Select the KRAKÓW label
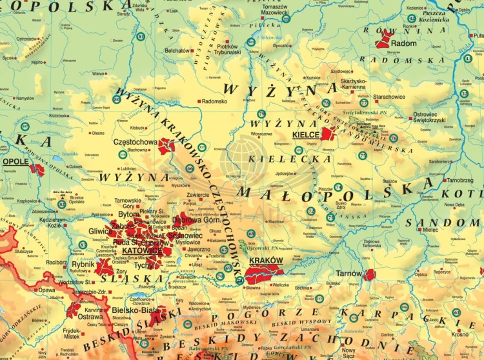(267, 261)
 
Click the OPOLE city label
(15, 161)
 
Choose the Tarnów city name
(349, 274)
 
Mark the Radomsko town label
(215, 101)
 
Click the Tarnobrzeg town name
(459, 181)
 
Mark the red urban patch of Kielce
(328, 134)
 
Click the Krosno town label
(460, 335)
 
